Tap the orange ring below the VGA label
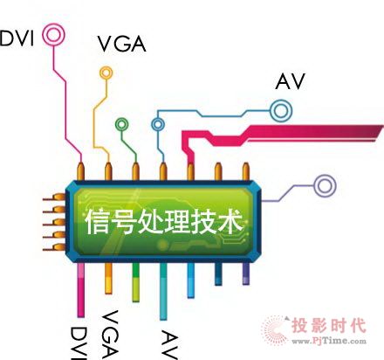click(x=106, y=67)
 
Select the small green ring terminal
click(x=122, y=120)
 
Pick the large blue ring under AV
click(x=281, y=100)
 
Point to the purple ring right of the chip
click(x=325, y=176)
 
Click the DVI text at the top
click(x=17, y=38)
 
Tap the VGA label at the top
click(x=121, y=45)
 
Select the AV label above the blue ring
click(x=290, y=81)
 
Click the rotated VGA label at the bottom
click(x=110, y=334)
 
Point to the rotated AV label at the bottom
click(x=169, y=345)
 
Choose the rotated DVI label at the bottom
click(x=79, y=343)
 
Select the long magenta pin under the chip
click(x=81, y=290)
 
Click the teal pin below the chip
click(x=163, y=291)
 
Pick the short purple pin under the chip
click(x=246, y=273)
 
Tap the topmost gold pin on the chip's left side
click(x=54, y=197)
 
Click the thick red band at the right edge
click(x=314, y=133)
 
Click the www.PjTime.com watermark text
click(x=329, y=341)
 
